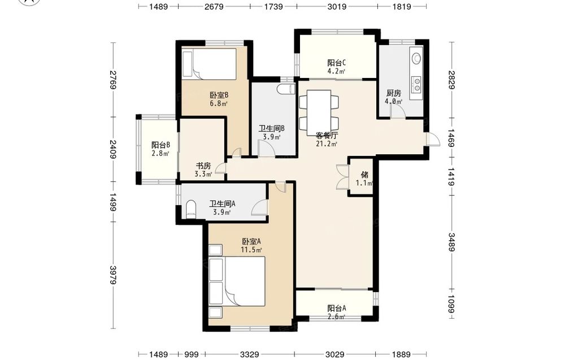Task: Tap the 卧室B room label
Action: tap(219, 95)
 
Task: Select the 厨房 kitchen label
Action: tap(393, 93)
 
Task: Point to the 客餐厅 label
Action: tap(327, 136)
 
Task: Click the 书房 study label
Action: tap(203, 166)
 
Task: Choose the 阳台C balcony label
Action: tap(337, 63)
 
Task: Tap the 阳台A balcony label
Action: tap(337, 309)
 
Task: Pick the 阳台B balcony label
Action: tap(160, 145)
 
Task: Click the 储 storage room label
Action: tap(364, 175)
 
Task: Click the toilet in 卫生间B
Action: tap(286, 89)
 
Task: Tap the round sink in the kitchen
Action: tap(416, 58)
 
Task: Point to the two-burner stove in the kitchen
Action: tap(416, 85)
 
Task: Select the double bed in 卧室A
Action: tap(244, 281)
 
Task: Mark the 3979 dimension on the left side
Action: tap(113, 275)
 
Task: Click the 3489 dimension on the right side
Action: tap(451, 242)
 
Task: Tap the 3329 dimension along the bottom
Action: tap(249, 354)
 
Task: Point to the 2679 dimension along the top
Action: tap(214, 6)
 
